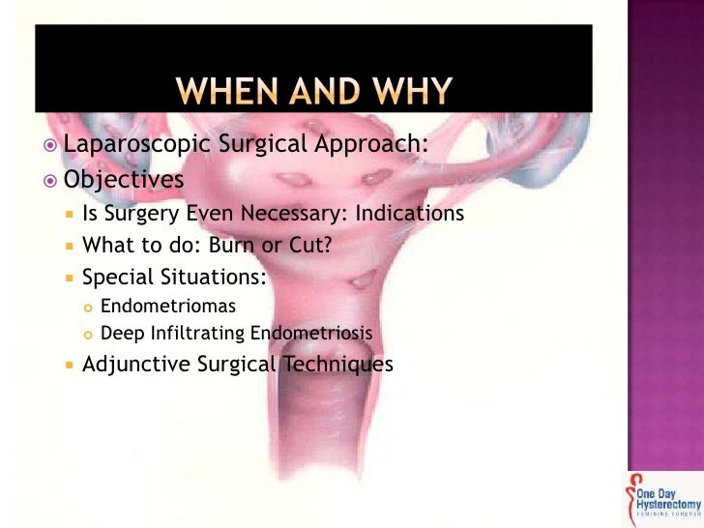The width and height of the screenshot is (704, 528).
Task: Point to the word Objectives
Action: coord(123,181)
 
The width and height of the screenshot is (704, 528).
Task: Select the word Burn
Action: coord(229,245)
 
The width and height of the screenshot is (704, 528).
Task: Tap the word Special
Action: coord(114,277)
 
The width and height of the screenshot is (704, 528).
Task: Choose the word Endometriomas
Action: coord(167,307)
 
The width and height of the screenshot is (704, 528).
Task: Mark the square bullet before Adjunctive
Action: coord(69,366)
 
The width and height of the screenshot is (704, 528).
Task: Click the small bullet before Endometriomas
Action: coord(87,308)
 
